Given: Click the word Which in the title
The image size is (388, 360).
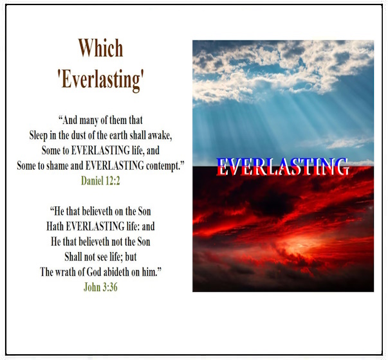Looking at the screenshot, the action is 101,48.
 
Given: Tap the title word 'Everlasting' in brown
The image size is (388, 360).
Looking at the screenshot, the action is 101,79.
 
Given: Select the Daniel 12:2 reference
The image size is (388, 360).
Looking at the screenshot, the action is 100,181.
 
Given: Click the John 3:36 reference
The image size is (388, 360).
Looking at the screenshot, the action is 100,287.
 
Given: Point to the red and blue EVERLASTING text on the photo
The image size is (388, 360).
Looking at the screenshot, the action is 283,166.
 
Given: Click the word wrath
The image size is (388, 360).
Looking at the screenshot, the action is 65,272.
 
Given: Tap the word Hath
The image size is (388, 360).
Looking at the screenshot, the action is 55,226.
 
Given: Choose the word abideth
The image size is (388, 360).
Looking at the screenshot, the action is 116,272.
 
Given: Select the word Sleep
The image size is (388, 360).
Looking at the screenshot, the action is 39,136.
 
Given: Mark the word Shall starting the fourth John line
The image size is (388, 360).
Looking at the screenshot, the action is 73,256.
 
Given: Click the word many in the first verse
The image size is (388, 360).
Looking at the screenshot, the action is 89,121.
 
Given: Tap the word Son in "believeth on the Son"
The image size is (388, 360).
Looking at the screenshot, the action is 144,211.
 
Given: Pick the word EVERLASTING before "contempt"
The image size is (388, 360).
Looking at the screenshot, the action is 115,166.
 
